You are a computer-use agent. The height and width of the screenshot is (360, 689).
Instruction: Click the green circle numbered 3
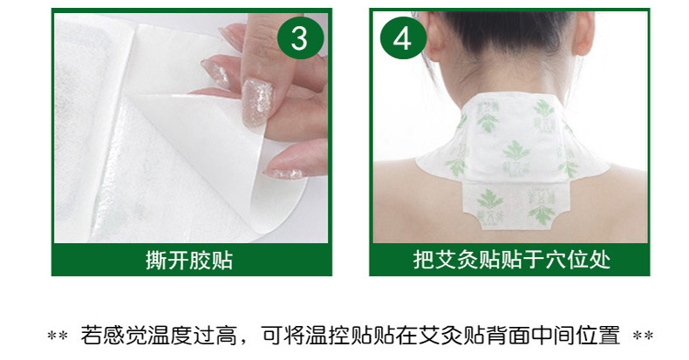(x=301, y=37)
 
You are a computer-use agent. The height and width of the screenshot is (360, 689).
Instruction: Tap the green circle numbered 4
(x=403, y=37)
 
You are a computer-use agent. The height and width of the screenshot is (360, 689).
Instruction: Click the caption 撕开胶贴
(x=189, y=260)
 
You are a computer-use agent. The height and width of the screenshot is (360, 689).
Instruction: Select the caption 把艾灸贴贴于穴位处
(x=511, y=260)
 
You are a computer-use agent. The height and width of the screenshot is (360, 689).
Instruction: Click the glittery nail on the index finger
(x=257, y=102)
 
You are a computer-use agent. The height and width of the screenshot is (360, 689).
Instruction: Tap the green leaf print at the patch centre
(x=515, y=152)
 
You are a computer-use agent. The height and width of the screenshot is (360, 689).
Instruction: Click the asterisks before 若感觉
(x=58, y=336)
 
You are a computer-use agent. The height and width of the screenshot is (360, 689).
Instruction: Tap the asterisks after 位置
(x=643, y=336)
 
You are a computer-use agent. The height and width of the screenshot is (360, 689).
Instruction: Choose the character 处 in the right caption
(x=600, y=260)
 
